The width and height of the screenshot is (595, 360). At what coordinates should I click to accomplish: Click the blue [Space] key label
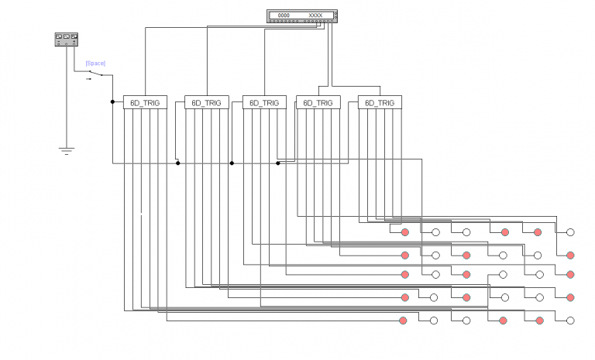point(95,63)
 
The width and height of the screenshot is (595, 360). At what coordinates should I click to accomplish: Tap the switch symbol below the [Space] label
point(95,74)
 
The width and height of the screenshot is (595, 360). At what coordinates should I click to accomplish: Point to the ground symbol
point(67,149)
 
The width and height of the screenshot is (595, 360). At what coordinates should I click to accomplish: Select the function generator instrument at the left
point(67,39)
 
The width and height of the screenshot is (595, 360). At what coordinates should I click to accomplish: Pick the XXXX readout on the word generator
point(315,15)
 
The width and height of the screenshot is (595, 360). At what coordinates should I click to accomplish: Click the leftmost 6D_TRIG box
point(145,102)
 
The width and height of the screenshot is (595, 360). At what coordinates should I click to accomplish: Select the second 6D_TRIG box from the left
point(206,102)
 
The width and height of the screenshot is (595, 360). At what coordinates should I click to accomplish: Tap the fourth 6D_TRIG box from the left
point(318,102)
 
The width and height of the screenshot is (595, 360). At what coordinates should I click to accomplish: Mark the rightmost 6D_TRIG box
point(380,102)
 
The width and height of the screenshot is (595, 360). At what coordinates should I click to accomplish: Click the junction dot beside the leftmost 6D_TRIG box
point(112,101)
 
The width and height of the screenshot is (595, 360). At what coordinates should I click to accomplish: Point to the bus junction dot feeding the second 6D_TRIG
point(177,163)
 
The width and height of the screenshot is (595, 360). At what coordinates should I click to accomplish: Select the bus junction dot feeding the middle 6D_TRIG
point(232,163)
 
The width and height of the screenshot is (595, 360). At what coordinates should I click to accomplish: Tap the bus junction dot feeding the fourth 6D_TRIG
point(278,163)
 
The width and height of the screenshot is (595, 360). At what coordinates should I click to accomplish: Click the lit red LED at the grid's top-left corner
point(404,231)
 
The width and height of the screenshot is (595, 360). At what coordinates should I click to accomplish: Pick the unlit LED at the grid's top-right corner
point(570,231)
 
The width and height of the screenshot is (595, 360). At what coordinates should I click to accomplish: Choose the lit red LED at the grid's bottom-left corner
point(403,321)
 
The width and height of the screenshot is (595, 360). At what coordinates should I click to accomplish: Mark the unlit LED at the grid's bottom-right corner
point(570,321)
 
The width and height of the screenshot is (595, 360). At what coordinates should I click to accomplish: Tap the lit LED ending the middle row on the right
point(570,274)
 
